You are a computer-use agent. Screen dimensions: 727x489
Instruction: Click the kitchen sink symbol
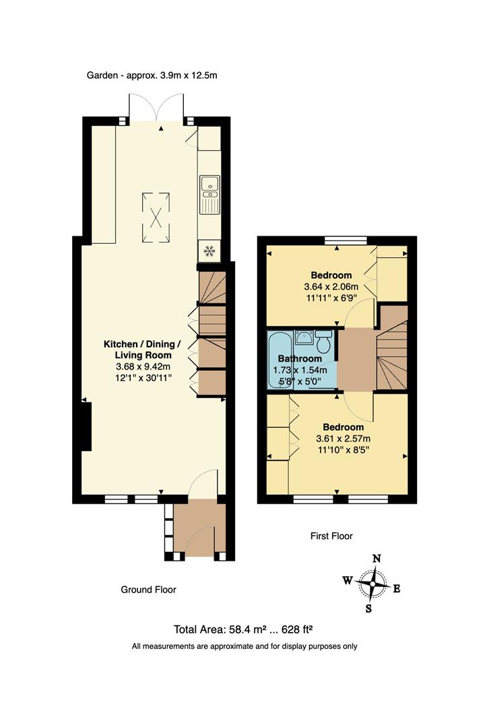pyautogui.click(x=210, y=191)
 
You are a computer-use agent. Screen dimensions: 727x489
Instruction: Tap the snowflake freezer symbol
pyautogui.click(x=209, y=251)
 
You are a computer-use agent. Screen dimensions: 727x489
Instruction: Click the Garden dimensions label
pyautogui.click(x=152, y=75)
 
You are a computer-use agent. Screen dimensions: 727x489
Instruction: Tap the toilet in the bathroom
pyautogui.click(x=323, y=343)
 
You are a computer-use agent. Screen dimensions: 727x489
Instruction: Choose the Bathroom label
pyautogui.click(x=300, y=359)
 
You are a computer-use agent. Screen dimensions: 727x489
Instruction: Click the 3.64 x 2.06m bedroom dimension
pyautogui.click(x=331, y=286)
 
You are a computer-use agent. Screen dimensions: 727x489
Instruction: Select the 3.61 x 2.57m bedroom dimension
pyautogui.click(x=343, y=438)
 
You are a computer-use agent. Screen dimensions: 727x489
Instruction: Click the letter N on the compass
pyautogui.click(x=377, y=558)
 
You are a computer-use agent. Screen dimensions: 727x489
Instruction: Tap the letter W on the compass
pyautogui.click(x=347, y=580)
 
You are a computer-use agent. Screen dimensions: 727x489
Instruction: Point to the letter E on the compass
pyautogui.click(x=397, y=589)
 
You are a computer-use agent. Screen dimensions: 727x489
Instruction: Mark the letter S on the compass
pyautogui.click(x=368, y=609)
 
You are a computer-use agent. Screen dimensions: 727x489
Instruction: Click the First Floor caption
pyautogui.click(x=331, y=536)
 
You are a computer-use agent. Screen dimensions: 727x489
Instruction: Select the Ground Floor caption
pyautogui.click(x=148, y=590)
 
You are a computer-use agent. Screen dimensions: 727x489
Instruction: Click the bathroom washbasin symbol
pyautogui.click(x=304, y=338)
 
